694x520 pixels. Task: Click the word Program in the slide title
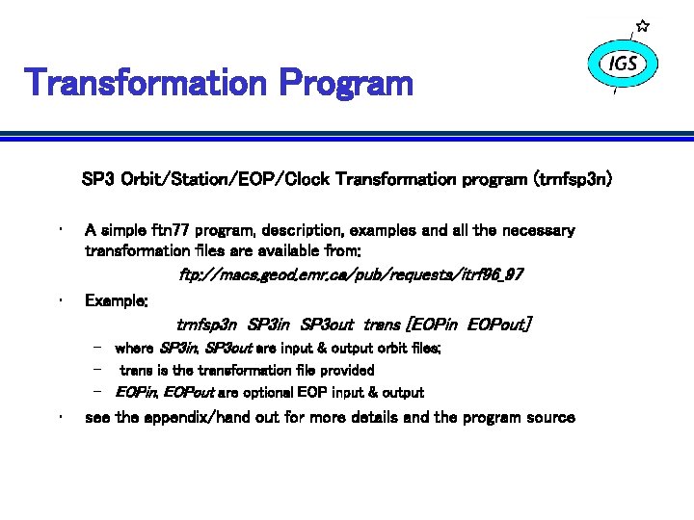pos(346,84)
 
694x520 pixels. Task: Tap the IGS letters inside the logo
pos(623,64)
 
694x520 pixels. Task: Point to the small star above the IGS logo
pos(643,26)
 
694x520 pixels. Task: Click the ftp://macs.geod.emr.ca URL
pos(351,275)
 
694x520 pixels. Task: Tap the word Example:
pos(117,300)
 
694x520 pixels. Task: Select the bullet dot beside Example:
pos(60,300)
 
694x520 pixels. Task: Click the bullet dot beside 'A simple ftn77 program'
pos(60,230)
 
